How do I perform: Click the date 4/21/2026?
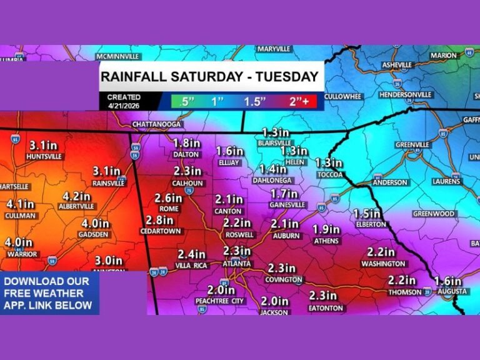(x=124, y=106)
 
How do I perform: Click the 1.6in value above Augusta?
(x=448, y=281)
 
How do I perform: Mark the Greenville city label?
(x=412, y=144)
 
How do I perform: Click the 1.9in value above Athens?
(x=326, y=229)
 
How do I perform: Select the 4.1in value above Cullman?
(x=20, y=204)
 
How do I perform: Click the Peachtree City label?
(x=221, y=301)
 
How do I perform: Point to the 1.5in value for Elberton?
(x=366, y=213)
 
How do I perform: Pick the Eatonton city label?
(x=324, y=308)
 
